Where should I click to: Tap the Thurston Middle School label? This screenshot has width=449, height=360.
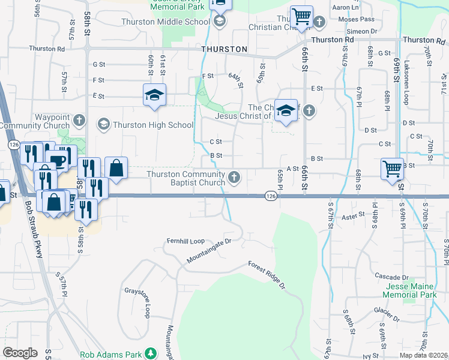[166, 22]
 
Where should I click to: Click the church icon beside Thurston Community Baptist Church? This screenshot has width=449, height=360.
[235, 177]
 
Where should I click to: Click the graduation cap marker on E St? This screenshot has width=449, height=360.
[154, 95]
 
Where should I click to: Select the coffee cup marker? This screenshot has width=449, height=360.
[58, 160]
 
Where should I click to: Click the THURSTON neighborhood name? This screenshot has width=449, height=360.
[224, 49]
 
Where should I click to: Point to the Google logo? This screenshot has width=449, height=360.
[20, 353]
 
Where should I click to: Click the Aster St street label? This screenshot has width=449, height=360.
[354, 215]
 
